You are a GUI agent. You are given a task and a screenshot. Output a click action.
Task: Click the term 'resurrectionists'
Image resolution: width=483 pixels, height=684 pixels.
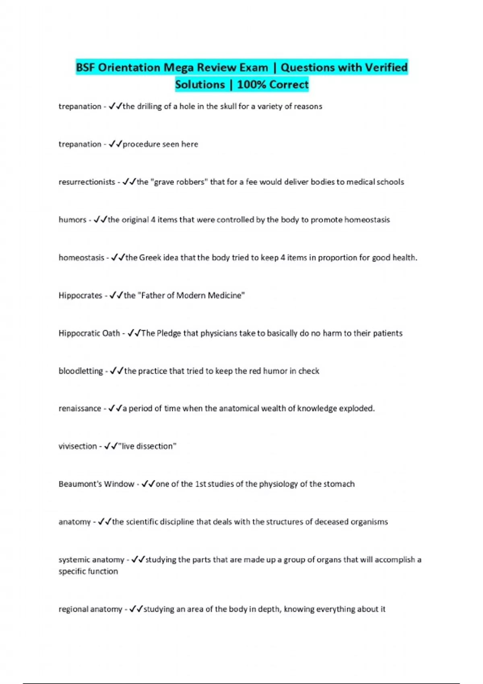click(x=87, y=182)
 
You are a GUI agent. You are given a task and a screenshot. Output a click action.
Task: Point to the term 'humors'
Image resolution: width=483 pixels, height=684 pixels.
click(x=72, y=220)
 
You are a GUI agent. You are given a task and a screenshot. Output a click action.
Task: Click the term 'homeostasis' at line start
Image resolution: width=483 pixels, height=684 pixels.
click(x=81, y=258)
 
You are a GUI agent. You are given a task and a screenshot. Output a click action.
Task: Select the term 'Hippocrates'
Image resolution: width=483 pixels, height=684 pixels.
click(x=80, y=295)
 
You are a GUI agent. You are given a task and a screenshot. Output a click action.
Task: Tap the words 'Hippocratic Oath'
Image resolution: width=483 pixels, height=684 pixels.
click(x=89, y=333)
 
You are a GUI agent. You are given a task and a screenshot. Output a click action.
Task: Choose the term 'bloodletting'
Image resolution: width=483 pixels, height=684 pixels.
click(x=80, y=371)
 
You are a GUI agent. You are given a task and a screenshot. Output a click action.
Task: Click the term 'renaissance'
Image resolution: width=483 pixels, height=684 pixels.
click(x=80, y=408)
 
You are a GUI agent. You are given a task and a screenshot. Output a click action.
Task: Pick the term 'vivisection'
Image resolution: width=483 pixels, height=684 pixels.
click(x=78, y=446)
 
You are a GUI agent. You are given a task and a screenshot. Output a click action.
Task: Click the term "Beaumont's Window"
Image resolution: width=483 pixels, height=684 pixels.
click(x=96, y=484)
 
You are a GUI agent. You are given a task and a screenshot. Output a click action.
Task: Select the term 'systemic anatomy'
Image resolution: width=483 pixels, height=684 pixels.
click(x=91, y=560)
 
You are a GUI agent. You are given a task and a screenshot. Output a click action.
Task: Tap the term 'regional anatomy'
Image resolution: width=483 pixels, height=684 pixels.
click(x=90, y=609)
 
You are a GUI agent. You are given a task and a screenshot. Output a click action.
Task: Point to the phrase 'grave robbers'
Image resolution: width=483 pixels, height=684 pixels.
click(x=179, y=182)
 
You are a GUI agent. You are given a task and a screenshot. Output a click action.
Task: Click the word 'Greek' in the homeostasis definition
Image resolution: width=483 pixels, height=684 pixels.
click(x=150, y=258)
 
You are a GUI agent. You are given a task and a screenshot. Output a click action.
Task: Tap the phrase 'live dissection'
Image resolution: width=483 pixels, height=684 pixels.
click(x=147, y=446)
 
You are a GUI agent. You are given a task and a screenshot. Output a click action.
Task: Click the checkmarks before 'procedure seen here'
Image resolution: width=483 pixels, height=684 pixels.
click(x=115, y=144)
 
